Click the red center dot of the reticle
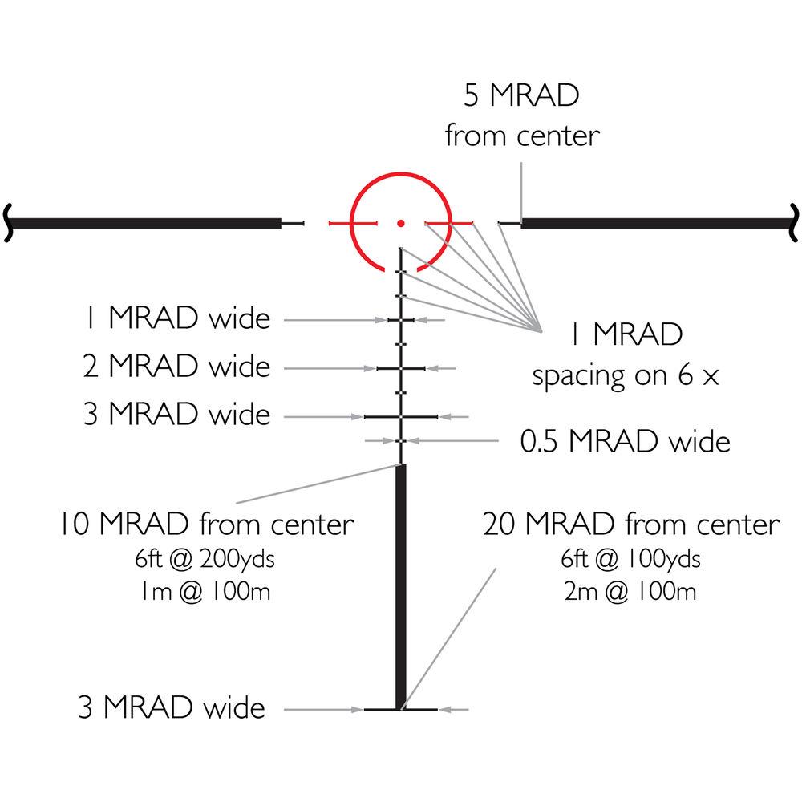[401, 222]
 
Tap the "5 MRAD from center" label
[522, 116]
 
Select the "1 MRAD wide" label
[177, 319]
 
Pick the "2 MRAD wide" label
[177, 367]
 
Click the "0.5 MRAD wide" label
[626, 440]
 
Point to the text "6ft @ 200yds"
[204, 559]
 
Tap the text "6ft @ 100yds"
[630, 559]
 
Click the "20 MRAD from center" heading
[630, 525]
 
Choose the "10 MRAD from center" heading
[204, 525]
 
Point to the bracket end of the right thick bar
[794, 222]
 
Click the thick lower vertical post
[401, 585]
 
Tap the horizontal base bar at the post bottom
[401, 710]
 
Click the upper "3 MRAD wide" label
[177, 415]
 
